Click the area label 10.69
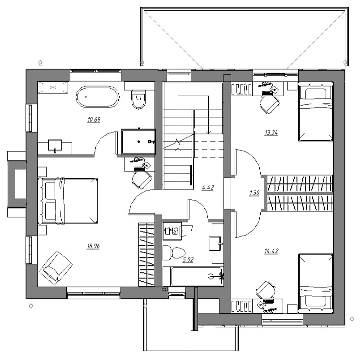pos(94,120)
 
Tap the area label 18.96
pos(93,246)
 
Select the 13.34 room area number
pos(271,133)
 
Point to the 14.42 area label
pos(271,251)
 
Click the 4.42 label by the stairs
pos(208,188)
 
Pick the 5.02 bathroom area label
pos(188,260)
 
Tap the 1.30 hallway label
pos(254,193)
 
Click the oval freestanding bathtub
pos(98,97)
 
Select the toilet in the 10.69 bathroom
pos(138,99)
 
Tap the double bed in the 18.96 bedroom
pos(68,201)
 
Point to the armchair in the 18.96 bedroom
pos(56,268)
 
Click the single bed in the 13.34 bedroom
pos(316,111)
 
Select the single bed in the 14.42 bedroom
pos(316,283)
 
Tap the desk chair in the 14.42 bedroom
pos(266,291)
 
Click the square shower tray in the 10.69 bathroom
pos(138,141)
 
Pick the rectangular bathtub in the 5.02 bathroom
pos(193,276)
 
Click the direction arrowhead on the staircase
pos(209,132)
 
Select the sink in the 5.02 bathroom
pos(215,243)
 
